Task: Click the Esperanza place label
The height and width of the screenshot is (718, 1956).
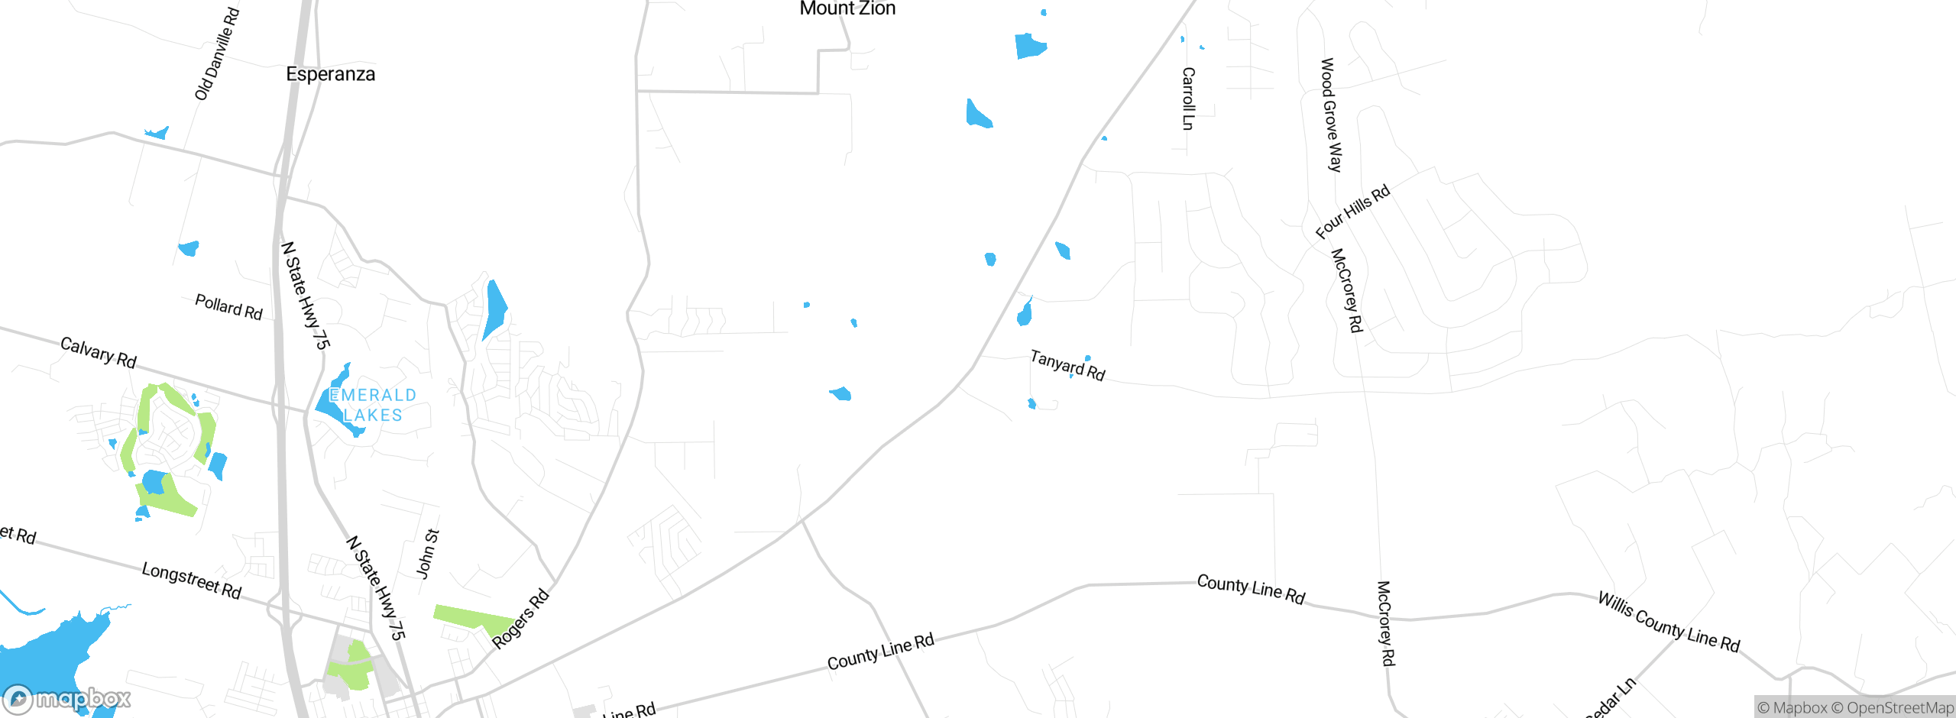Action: point(330,74)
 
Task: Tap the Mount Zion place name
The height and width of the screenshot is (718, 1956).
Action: point(847,8)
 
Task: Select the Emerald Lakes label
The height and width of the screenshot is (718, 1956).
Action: point(373,405)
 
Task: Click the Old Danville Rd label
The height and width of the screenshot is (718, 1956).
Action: point(217,54)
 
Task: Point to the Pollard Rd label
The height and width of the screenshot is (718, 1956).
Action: point(228,307)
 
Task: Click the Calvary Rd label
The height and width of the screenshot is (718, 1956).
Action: point(99,352)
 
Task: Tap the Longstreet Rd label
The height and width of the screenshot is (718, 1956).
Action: point(192,581)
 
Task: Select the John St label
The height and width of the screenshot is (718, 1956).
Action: point(428,554)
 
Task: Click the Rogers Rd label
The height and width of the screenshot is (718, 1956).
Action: point(520,619)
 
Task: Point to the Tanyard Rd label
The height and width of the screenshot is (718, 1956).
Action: point(1067,365)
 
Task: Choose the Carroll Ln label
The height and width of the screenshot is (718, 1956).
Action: point(1188,99)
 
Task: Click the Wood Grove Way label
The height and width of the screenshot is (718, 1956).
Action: point(1331,115)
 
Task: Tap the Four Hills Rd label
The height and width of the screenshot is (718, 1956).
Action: point(1352,212)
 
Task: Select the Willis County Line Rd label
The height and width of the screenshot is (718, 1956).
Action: point(1669,622)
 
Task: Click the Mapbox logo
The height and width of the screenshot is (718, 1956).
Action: point(67,699)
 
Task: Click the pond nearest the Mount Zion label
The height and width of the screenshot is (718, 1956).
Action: point(1029,46)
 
